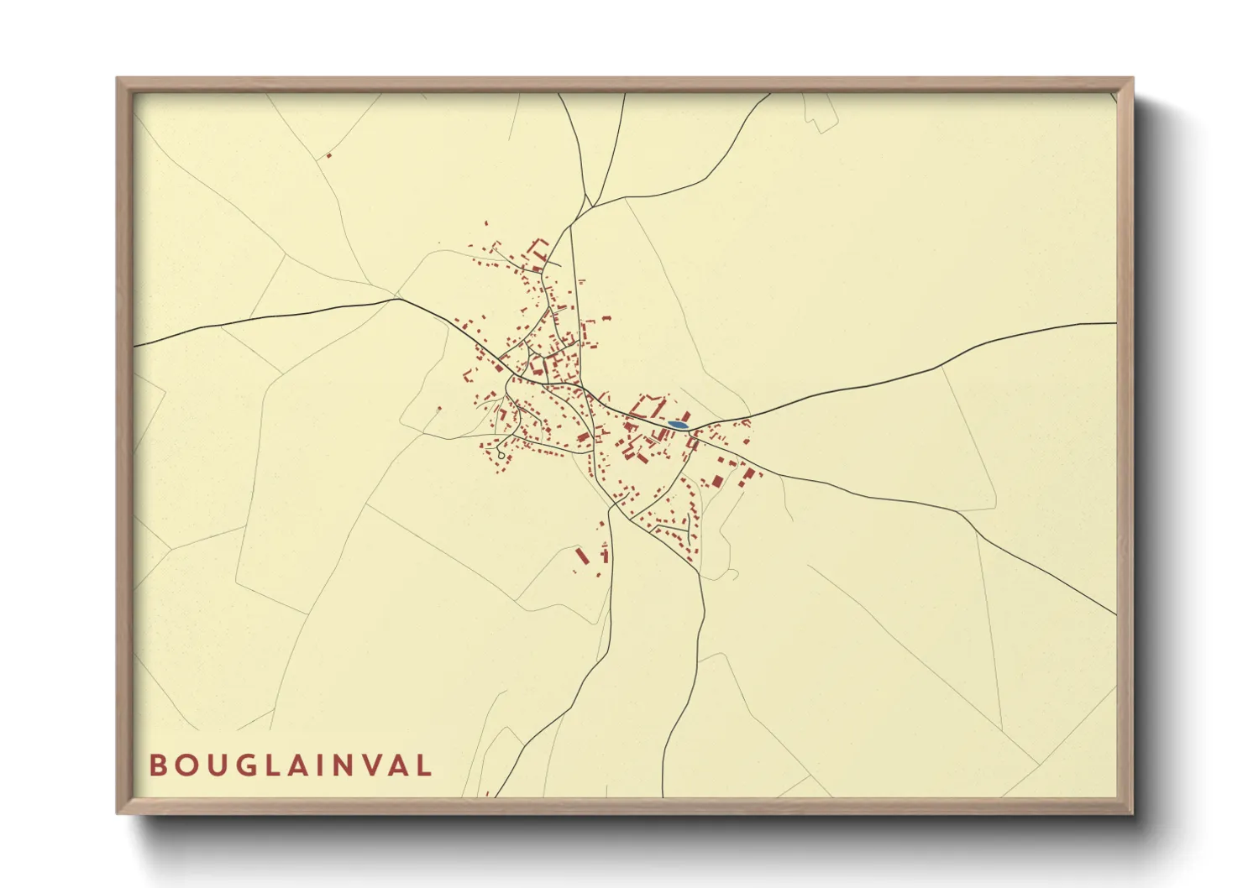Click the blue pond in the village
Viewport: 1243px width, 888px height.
click(677, 426)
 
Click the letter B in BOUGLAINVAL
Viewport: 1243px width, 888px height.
click(157, 765)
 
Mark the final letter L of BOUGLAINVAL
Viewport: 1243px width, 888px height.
click(424, 765)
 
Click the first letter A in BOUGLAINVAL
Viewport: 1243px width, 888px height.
click(292, 765)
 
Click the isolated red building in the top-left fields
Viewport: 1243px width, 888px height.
click(328, 154)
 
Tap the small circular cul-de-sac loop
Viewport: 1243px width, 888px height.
click(501, 455)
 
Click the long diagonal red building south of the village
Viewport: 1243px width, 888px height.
click(580, 556)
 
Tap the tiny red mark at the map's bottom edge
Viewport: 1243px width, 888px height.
click(487, 793)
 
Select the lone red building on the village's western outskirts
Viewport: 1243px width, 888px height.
click(438, 410)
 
